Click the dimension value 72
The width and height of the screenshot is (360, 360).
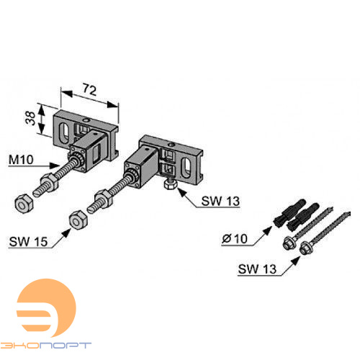pyautogui.click(x=89, y=89)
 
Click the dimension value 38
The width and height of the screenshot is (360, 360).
pyautogui.click(x=30, y=118)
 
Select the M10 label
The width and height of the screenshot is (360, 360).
pyautogui.click(x=21, y=160)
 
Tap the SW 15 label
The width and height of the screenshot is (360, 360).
pyautogui.click(x=28, y=242)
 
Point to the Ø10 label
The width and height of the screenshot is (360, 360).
pyautogui.click(x=235, y=239)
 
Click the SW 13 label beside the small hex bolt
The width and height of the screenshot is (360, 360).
pyautogui.click(x=220, y=201)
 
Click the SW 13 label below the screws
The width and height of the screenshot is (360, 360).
pyautogui.click(x=257, y=269)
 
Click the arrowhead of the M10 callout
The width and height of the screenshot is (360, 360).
pyautogui.click(x=55, y=166)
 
